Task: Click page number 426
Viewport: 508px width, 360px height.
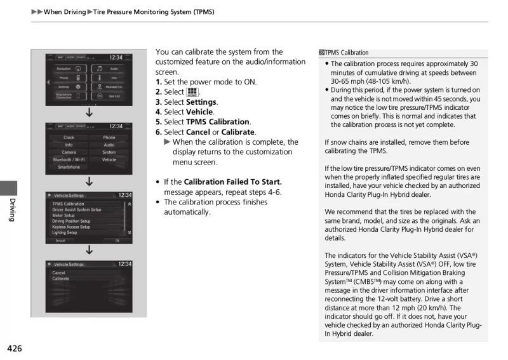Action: coord(15,349)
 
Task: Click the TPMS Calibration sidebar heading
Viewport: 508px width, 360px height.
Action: coord(347,53)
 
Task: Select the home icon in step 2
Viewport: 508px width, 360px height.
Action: coord(192,93)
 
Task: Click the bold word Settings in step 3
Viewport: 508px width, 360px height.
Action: coord(201,102)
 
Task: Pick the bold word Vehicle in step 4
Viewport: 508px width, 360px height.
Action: coord(199,112)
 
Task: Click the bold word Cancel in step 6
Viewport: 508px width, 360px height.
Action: coord(198,132)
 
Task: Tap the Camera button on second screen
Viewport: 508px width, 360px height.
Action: coord(69,152)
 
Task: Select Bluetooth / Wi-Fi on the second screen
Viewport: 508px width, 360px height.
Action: coord(69,160)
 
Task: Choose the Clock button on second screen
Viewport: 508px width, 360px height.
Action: coord(69,137)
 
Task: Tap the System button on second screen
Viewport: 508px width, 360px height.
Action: coord(109,152)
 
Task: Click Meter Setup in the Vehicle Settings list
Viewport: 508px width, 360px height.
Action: coord(63,215)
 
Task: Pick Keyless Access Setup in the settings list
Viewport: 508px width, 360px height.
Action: coord(71,227)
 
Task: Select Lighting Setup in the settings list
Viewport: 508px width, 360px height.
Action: coord(64,232)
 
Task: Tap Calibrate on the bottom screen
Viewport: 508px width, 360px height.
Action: coord(61,279)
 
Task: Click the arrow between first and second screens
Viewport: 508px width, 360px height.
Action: coord(89,113)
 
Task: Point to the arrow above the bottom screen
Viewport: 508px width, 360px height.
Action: coord(89,250)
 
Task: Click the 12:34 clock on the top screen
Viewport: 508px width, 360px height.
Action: coord(116,57)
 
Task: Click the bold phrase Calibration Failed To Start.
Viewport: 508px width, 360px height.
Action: coord(232,182)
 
